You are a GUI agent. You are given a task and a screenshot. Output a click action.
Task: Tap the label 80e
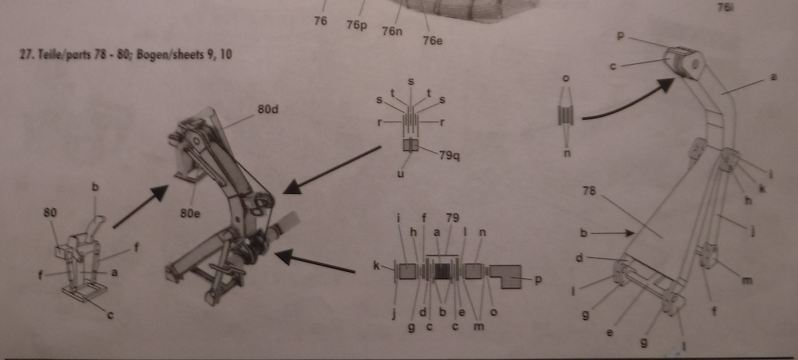[191, 214]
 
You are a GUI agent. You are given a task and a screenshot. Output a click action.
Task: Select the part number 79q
[450, 155]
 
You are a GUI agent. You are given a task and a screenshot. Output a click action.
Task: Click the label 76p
[357, 24]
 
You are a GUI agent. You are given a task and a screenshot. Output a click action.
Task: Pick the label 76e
[433, 41]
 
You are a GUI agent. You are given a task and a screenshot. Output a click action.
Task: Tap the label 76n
[392, 31]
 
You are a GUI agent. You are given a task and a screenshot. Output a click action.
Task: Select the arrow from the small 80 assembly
[141, 206]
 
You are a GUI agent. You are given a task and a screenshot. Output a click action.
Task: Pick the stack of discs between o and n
[566, 115]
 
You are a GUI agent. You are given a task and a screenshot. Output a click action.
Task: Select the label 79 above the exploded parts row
[452, 219]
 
